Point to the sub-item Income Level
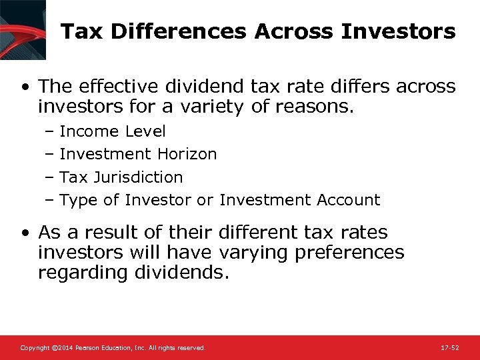[x=113, y=131]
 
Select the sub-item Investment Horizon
[x=138, y=154]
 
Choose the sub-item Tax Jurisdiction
[x=121, y=177]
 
